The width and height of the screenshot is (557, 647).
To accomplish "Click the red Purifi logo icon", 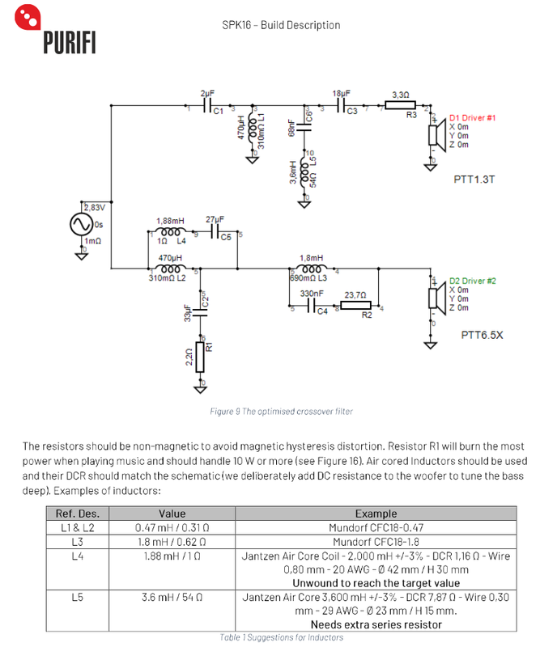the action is coord(28,17).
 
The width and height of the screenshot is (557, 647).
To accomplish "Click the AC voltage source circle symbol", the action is coord(82,224).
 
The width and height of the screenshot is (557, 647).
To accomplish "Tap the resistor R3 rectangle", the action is coord(400,105).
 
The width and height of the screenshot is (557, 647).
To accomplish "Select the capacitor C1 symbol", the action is coord(208,106).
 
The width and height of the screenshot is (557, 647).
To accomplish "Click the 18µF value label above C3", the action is coord(342,94).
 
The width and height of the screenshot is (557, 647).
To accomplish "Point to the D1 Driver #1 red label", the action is coord(472,118).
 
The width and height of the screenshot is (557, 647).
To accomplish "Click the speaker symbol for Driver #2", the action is coord(437,298).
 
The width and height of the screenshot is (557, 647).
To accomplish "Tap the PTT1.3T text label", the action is coord(474,180).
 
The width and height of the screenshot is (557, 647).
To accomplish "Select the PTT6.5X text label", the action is coord(482,335).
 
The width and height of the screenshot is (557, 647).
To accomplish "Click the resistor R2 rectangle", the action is coord(355,306).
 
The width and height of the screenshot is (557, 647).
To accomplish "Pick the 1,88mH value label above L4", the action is coord(170,221).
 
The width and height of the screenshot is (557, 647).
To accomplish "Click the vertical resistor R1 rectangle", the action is coord(200,357).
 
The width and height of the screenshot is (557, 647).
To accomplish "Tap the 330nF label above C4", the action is coord(312,294).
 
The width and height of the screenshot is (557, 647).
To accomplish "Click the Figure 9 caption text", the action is coord(281,412).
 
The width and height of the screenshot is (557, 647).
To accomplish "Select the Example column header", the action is coord(376,514).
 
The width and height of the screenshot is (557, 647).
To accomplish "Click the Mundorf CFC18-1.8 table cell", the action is coord(376,542).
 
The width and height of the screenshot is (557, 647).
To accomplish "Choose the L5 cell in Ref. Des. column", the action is coord(77,597).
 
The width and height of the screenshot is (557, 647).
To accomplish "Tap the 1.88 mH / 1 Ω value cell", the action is coord(172,556).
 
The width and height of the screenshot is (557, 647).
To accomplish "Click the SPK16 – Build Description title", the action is coord(281,25).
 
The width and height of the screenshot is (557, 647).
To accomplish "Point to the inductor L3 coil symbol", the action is coord(312,269).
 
